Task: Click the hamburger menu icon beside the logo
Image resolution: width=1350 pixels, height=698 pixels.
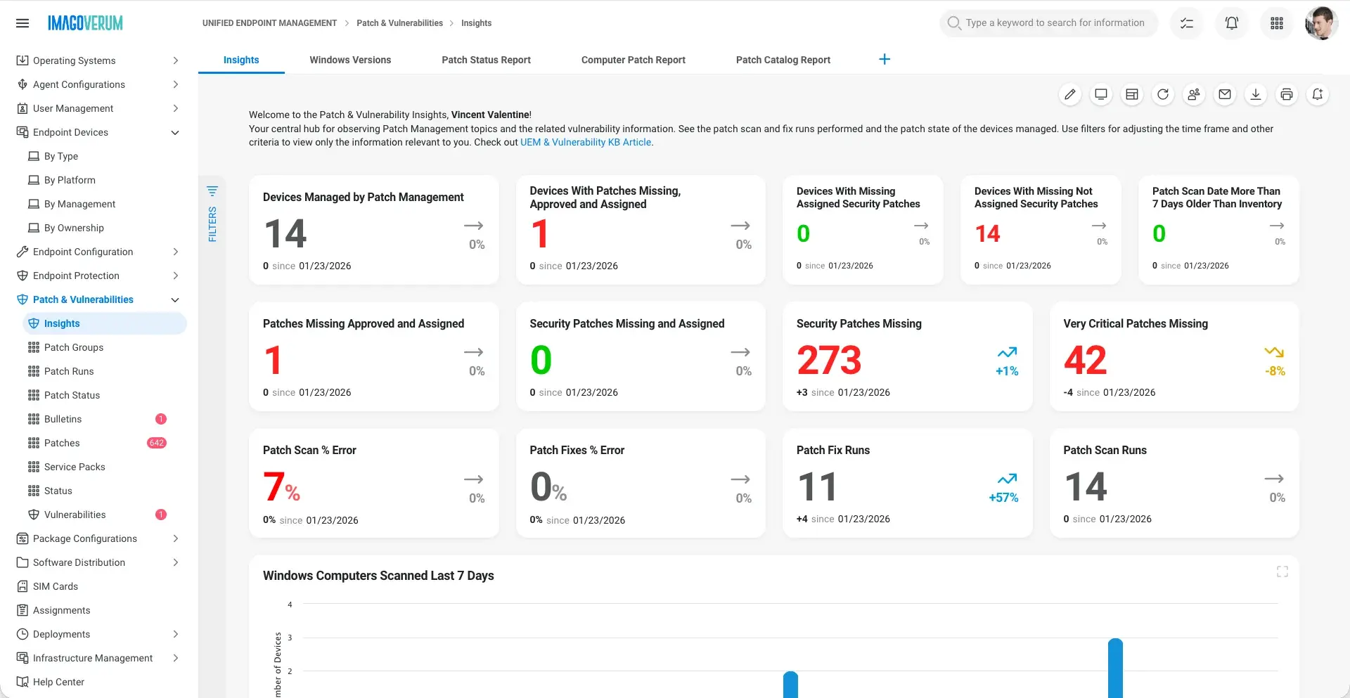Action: (22, 23)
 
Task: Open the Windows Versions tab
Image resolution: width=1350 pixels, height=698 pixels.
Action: (350, 60)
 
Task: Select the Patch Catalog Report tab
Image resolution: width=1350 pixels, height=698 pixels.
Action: (783, 60)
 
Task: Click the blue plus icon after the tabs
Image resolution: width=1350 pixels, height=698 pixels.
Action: (885, 59)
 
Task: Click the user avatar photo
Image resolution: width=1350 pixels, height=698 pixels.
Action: (1320, 23)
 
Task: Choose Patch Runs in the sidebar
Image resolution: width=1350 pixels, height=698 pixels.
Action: (69, 371)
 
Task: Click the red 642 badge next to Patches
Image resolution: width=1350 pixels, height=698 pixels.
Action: (156, 443)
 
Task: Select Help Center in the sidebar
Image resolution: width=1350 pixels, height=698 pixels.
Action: (58, 682)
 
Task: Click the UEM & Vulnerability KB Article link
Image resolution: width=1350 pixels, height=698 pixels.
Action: (586, 142)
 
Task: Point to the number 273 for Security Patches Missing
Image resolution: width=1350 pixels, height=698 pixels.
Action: (829, 360)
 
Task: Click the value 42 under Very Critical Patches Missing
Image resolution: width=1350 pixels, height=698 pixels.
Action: (1085, 360)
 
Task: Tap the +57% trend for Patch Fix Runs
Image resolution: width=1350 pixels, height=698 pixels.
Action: (1003, 498)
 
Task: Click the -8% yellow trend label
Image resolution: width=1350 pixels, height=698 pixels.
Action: (1275, 371)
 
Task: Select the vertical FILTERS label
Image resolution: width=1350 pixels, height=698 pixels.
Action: (212, 224)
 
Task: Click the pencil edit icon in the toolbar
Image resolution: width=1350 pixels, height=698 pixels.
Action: (1070, 94)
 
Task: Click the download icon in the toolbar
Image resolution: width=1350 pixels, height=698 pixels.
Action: (1256, 94)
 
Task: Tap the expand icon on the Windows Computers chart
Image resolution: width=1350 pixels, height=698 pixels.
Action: (1282, 572)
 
